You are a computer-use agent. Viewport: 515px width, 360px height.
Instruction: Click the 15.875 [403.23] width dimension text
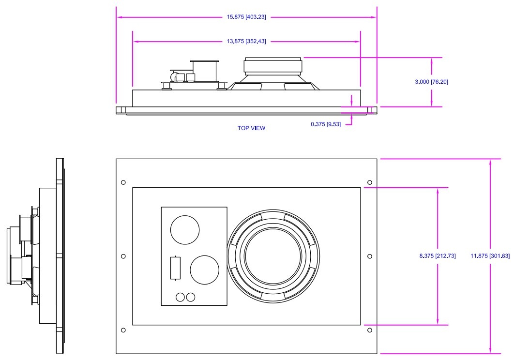click(x=246, y=17)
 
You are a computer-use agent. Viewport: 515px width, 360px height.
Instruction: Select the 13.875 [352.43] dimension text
click(x=246, y=42)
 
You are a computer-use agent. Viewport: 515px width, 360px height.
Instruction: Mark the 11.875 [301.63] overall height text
click(x=490, y=256)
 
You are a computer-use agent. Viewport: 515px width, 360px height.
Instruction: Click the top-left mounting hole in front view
click(x=123, y=182)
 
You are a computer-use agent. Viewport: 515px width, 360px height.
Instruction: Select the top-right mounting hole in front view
click(x=370, y=182)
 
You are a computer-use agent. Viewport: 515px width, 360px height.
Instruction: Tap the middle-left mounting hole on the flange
click(x=123, y=256)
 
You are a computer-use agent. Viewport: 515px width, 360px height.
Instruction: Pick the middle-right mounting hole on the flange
click(x=370, y=256)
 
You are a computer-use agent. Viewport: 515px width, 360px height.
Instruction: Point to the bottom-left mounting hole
click(x=123, y=330)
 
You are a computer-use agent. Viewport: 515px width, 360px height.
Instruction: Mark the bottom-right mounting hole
click(x=370, y=330)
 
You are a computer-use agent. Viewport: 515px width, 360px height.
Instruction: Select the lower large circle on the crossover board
click(x=205, y=270)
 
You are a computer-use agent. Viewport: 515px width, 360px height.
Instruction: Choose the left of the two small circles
click(x=181, y=298)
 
